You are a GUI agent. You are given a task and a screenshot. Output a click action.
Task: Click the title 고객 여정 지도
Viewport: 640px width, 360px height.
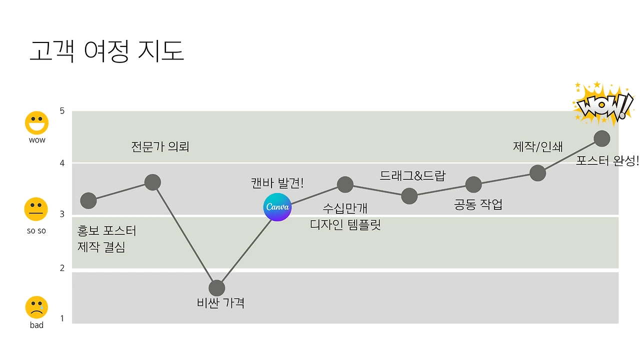(106, 51)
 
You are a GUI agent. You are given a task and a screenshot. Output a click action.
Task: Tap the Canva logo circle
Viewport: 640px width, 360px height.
(277, 207)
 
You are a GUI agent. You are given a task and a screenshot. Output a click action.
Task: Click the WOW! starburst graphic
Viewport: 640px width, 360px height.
(603, 104)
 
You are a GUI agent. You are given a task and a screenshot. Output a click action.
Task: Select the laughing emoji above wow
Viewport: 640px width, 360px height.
(37, 122)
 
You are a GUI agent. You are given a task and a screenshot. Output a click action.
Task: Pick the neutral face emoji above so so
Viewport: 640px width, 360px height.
(36, 209)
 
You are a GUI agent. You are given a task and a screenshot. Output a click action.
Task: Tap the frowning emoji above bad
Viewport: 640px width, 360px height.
(36, 307)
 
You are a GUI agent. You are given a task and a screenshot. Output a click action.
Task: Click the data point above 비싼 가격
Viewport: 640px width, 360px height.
(217, 288)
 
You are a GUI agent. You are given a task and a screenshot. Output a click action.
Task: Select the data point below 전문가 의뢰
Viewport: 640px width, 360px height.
(152, 182)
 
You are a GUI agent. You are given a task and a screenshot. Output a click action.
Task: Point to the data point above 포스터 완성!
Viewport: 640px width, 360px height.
(601, 138)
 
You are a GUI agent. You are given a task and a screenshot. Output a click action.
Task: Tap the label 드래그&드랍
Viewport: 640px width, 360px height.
(412, 175)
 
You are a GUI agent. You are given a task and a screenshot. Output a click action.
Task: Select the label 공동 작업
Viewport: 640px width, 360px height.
(478, 204)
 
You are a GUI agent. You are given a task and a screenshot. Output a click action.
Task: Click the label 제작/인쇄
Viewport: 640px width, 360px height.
(538, 146)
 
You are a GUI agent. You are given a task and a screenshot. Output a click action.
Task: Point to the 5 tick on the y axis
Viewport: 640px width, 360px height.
(62, 111)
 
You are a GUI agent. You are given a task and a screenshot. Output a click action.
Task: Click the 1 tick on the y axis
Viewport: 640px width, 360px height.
(62, 318)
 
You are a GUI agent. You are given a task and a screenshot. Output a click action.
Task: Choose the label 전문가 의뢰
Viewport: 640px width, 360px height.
(160, 147)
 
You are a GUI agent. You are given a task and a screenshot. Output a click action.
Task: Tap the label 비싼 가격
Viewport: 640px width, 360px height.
(221, 303)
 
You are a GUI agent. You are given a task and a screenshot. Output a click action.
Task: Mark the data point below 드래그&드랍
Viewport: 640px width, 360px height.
(409, 196)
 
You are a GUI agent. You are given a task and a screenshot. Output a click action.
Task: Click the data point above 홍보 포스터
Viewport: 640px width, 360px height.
(88, 200)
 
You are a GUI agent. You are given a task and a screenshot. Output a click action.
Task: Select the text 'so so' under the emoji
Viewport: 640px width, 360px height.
(36, 231)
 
